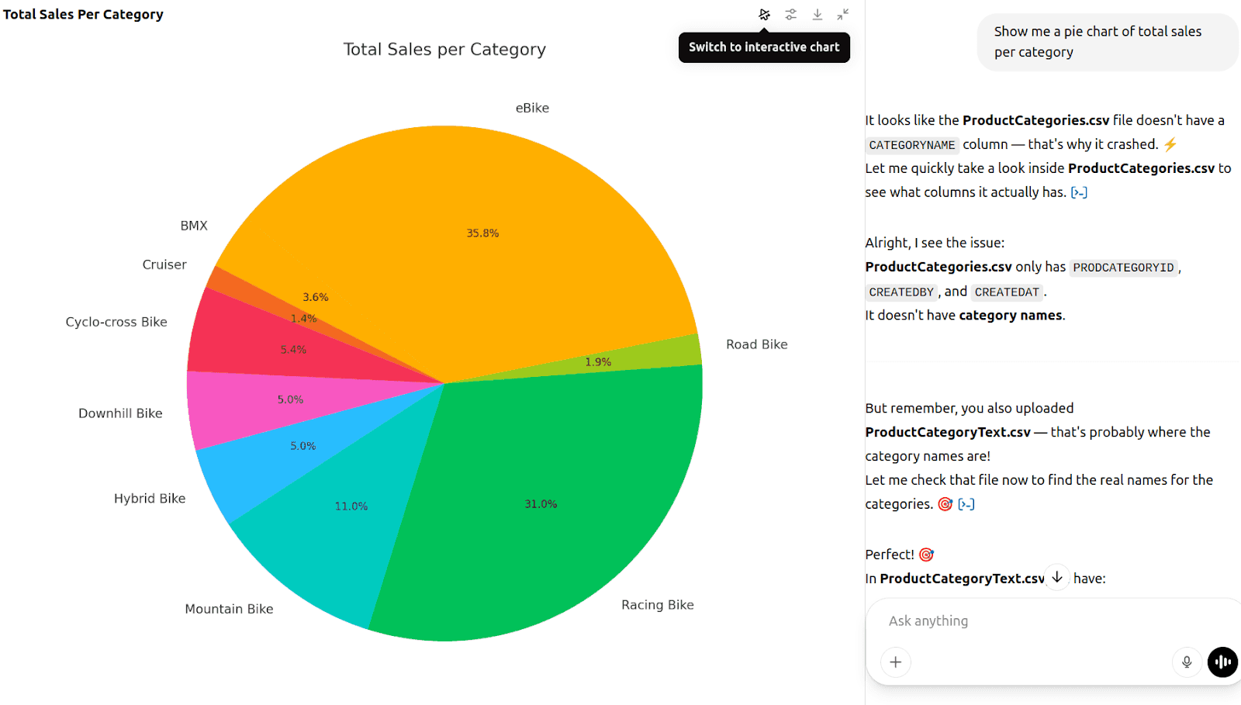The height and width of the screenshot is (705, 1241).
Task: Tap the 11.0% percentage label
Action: click(x=351, y=506)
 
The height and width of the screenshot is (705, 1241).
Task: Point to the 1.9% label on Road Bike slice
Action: click(x=598, y=362)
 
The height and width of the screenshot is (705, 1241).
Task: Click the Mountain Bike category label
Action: click(x=229, y=609)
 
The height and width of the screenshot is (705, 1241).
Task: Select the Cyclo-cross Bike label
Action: click(x=116, y=322)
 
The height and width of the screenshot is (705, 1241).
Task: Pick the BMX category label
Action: click(x=194, y=226)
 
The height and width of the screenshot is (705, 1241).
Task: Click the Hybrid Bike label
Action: click(x=150, y=499)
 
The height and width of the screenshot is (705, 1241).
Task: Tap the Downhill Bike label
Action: click(x=120, y=413)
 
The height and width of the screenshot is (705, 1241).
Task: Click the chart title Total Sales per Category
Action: click(x=444, y=50)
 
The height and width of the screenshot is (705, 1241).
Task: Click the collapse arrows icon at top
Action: click(x=843, y=14)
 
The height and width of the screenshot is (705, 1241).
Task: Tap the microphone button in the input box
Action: click(x=1186, y=662)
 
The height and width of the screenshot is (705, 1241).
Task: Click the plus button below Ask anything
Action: click(x=896, y=662)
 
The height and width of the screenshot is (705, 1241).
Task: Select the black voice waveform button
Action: click(x=1222, y=662)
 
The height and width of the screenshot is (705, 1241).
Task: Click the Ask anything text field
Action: click(x=1008, y=620)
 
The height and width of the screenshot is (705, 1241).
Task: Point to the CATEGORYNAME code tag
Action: click(x=911, y=145)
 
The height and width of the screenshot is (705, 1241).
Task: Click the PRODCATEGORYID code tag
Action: click(x=1123, y=268)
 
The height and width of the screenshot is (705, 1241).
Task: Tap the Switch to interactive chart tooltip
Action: click(x=764, y=47)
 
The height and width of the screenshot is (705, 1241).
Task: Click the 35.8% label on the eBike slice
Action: click(x=482, y=233)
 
